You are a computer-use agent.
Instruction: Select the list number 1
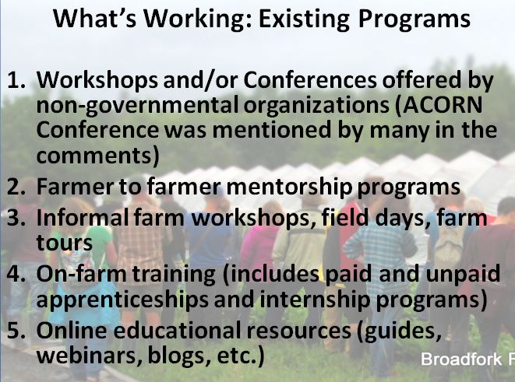(16, 80)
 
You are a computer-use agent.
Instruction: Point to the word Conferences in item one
(310, 80)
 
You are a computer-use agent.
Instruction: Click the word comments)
(98, 155)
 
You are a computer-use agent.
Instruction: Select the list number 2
(16, 187)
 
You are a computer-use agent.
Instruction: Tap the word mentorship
(289, 187)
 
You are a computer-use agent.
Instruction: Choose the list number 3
(16, 218)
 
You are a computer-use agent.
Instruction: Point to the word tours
(65, 243)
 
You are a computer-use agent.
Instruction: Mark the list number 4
(16, 273)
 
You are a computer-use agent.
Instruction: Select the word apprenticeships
(122, 300)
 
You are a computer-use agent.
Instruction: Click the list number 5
(16, 331)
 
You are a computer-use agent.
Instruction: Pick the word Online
(72, 330)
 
